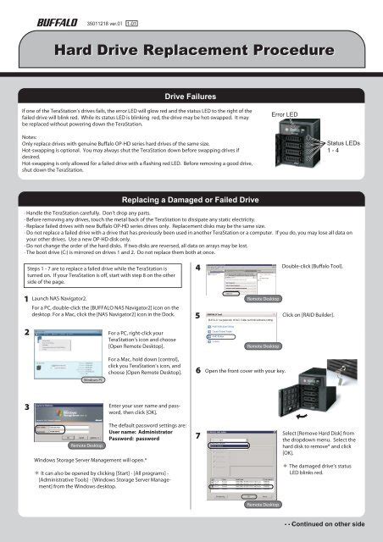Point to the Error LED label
285,113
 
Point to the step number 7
197,436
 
